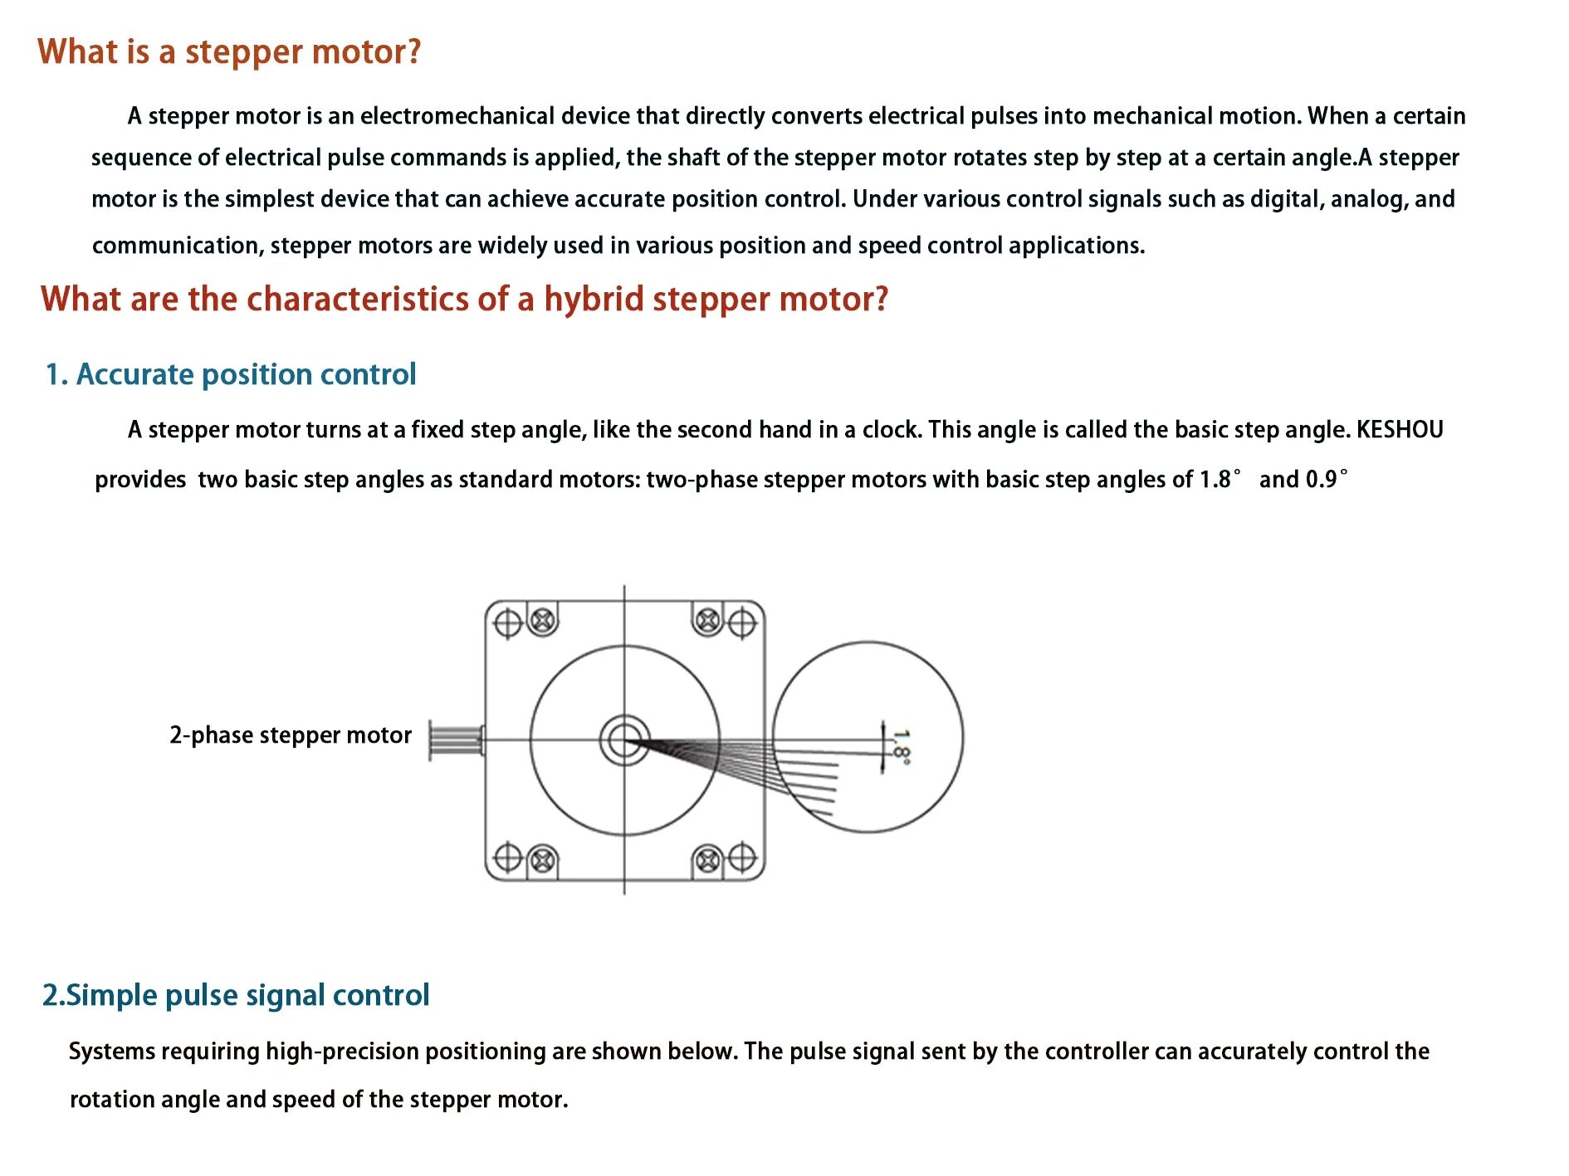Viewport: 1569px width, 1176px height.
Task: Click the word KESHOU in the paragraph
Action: click(1399, 430)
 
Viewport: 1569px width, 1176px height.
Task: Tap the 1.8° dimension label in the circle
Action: click(901, 746)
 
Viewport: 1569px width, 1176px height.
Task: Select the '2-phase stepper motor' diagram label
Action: click(291, 735)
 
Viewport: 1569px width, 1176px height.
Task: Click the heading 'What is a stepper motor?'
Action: click(229, 52)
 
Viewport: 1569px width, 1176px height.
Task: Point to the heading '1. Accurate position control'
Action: click(230, 374)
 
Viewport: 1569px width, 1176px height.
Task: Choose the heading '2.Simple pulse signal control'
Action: click(236, 995)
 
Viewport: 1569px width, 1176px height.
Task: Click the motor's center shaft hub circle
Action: click(624, 739)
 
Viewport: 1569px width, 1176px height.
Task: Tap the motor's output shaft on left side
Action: click(455, 739)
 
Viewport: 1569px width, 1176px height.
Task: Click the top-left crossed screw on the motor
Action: click(543, 620)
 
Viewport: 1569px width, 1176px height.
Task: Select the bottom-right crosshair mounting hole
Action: click(741, 858)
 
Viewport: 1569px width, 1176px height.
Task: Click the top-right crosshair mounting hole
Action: click(741, 622)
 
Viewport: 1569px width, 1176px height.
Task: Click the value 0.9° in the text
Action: click(1326, 480)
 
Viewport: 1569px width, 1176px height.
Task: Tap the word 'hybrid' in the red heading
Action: click(594, 300)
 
